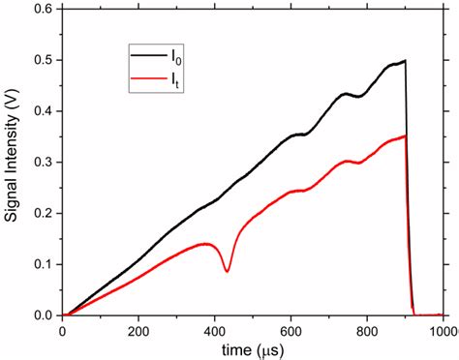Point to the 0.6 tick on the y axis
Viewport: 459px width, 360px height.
44,9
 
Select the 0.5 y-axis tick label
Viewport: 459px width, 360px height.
44,60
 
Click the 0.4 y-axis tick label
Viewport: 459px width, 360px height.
44,111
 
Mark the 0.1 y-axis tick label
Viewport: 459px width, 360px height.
44,264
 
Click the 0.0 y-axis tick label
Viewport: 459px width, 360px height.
44,315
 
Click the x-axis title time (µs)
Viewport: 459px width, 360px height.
251,346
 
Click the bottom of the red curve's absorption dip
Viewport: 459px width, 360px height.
227,271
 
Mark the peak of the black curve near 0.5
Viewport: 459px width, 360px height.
404,60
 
